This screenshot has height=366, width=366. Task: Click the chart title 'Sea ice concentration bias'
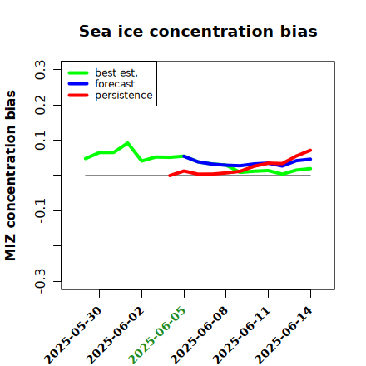[x=198, y=32]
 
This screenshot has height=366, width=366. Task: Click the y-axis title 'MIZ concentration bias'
[x=11, y=176]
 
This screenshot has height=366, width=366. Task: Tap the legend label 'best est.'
[x=116, y=73]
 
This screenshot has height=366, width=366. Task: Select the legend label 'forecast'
[x=115, y=84]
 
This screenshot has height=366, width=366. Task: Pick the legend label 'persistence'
[x=124, y=96]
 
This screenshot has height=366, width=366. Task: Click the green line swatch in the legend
[x=78, y=73]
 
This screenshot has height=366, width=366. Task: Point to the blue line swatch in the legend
[x=78, y=84]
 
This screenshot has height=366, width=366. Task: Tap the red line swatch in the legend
[x=78, y=96]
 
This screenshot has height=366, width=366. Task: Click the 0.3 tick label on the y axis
[x=40, y=70]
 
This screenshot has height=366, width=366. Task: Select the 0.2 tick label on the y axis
[x=40, y=105]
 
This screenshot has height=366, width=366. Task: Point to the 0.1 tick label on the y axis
[x=40, y=141]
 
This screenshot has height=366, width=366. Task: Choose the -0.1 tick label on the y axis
[x=40, y=210]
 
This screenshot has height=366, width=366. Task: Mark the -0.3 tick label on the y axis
[x=40, y=281]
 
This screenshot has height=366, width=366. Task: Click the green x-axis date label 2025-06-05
[x=157, y=335]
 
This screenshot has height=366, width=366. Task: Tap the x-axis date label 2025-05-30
[x=72, y=335]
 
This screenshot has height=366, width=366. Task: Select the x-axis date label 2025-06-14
[x=284, y=335]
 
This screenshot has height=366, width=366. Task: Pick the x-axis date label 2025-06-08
[x=199, y=335]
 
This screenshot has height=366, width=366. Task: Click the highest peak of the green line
[x=127, y=143]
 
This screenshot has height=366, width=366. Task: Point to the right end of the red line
[x=310, y=151]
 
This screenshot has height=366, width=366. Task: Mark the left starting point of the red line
[x=170, y=176]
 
